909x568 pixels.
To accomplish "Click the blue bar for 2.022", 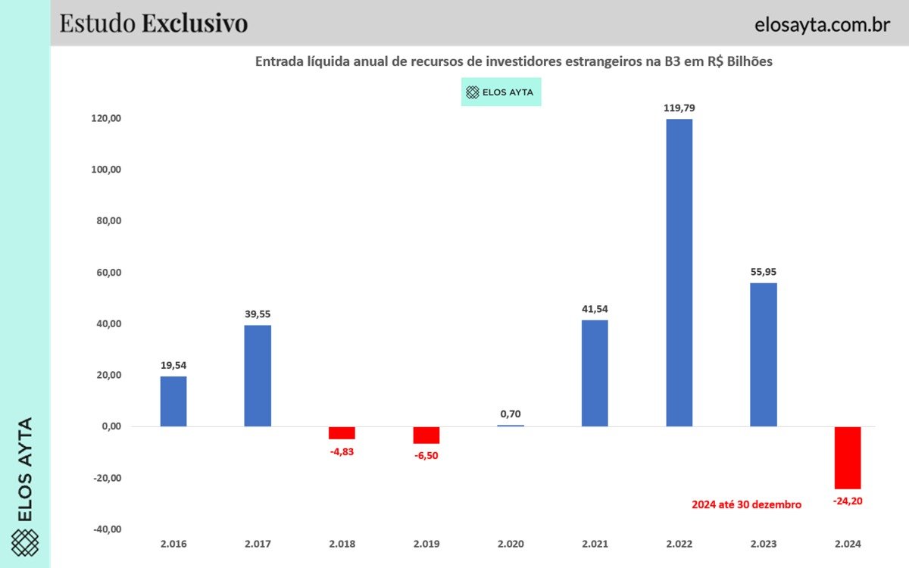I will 679,273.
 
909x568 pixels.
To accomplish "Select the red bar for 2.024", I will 848,457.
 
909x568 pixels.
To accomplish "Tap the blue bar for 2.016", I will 173,401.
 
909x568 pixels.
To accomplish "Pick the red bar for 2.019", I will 426,435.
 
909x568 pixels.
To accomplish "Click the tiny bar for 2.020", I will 511,426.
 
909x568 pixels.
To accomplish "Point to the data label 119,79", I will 679,108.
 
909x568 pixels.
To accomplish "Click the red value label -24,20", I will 847,501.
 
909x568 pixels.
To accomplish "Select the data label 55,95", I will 764,272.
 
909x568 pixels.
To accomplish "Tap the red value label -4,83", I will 342,451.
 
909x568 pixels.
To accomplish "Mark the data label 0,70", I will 511,414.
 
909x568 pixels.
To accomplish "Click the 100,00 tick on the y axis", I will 106,170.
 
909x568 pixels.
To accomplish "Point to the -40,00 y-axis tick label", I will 106,529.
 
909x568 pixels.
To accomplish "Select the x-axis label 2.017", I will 258,544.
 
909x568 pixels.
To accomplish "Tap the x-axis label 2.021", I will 595,544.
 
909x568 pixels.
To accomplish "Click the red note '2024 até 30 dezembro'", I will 746,504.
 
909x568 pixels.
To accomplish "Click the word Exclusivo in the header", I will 195,23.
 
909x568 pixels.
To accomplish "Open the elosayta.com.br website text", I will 822,24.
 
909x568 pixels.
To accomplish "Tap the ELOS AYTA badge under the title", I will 501,92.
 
